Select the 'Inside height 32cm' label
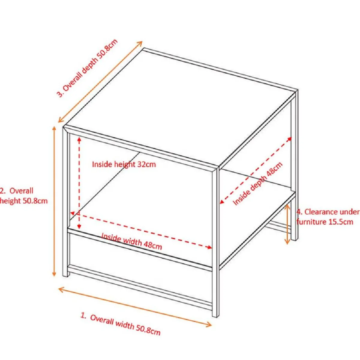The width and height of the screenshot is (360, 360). [124, 164]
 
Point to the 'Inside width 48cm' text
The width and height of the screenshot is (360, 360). [131, 241]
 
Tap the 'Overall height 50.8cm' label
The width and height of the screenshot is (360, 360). [23, 196]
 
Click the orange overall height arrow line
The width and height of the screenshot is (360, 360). [54, 201]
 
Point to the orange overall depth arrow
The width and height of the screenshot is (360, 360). [100, 82]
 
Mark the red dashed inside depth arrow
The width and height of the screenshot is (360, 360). [256, 170]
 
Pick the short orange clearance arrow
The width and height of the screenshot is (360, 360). [287, 224]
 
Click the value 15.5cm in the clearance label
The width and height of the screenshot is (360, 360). [340, 222]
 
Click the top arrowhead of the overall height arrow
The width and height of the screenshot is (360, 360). [54, 129]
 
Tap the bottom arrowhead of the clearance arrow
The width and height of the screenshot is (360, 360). [287, 241]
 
